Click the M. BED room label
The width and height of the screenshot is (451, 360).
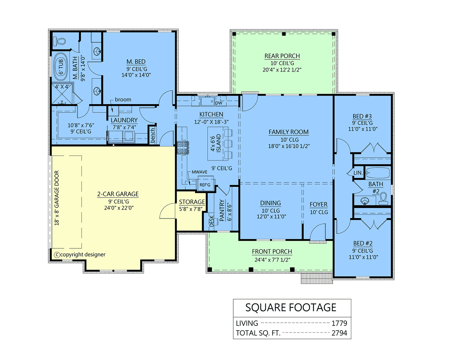point(136,62)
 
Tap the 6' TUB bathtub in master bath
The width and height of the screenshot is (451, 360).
point(61,67)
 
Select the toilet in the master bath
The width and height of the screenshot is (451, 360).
point(59,41)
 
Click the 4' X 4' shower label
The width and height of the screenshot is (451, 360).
point(62,87)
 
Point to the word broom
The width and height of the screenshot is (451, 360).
point(123,99)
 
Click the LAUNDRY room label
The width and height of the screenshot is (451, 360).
point(124,120)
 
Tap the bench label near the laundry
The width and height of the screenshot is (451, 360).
point(152,135)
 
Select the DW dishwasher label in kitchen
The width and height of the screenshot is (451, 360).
point(219,103)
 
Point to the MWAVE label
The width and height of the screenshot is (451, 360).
point(200,172)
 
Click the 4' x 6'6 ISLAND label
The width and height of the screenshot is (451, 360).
point(216,143)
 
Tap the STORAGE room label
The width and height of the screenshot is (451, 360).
point(192,202)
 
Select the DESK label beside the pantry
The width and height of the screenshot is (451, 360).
point(212,221)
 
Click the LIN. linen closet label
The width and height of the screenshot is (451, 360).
point(358,173)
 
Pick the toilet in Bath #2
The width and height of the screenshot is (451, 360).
point(383,199)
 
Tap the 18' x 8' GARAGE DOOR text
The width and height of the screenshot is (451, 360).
point(57,198)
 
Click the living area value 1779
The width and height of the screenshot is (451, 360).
point(339,323)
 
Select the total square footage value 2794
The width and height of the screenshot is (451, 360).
point(339,333)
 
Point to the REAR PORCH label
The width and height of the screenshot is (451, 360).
point(282,56)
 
